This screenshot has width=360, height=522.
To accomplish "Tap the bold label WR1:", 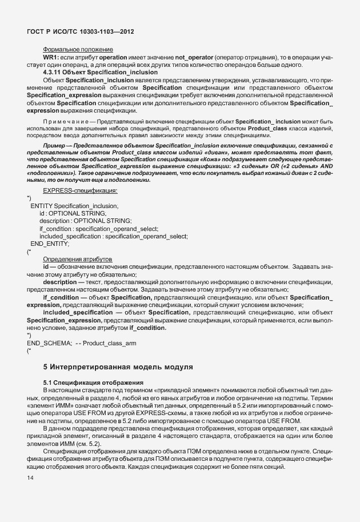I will click(52, 58).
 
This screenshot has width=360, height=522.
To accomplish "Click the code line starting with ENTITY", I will click(74, 205).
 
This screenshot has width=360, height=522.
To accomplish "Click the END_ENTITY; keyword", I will click(50, 244).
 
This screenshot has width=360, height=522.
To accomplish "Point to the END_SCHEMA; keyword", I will click(46, 342).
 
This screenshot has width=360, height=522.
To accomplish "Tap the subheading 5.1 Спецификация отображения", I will click(93, 381).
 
